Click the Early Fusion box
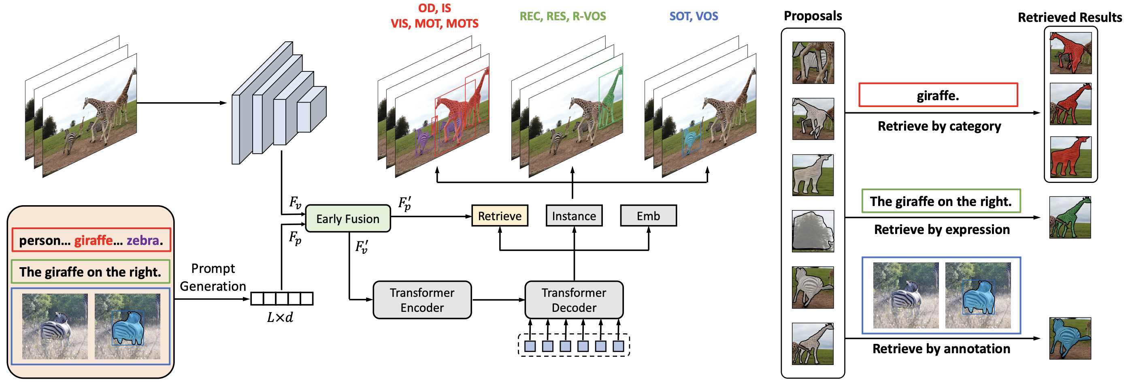(x=348, y=219)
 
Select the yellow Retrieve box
(x=500, y=216)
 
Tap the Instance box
(x=574, y=216)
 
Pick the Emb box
(x=648, y=216)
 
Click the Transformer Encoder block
(x=422, y=300)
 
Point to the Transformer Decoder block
(x=574, y=300)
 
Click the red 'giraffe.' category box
(x=938, y=95)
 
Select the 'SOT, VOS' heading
(x=694, y=16)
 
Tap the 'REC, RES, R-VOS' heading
(x=563, y=16)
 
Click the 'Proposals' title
(x=813, y=16)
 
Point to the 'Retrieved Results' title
(x=1070, y=17)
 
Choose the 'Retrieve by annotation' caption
(x=941, y=349)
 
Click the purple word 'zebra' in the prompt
(x=143, y=240)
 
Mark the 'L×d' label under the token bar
(x=280, y=318)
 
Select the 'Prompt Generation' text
(x=213, y=277)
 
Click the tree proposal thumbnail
(x=813, y=231)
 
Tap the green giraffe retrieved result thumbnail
(x=1070, y=217)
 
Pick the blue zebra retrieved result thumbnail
(x=1070, y=339)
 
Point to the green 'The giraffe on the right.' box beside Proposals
(x=941, y=201)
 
